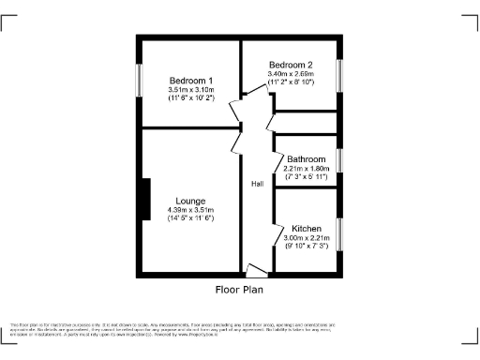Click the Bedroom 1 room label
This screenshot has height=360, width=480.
pos(191,80)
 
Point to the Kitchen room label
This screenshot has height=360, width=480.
pos(307,229)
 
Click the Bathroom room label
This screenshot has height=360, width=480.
pos(307,158)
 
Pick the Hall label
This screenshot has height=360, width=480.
pos(256,184)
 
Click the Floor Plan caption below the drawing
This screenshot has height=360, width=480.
pos(241,290)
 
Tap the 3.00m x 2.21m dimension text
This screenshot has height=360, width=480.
pos(307,238)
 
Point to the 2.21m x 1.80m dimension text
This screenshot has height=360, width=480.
pos(307,168)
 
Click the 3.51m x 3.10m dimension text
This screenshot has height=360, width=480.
pos(191,89)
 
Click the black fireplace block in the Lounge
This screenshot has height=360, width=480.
pos(144,200)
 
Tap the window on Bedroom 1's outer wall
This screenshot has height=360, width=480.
pos(140,80)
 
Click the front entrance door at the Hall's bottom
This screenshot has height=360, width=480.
pos(254,271)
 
